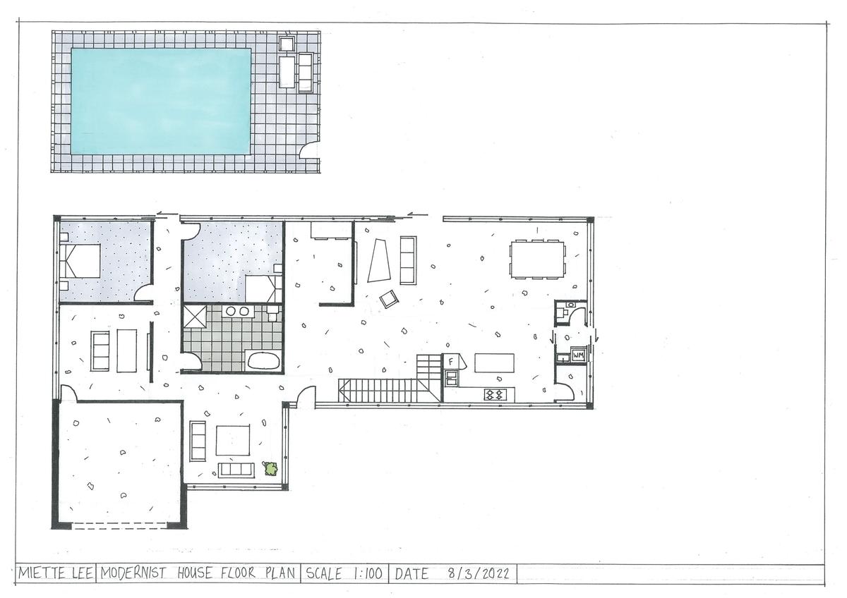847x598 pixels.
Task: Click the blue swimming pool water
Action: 161,102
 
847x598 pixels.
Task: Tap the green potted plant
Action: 271,468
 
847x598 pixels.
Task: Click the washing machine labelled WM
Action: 578,355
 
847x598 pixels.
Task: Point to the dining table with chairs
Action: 537,260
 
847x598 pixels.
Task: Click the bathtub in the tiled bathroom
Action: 263,360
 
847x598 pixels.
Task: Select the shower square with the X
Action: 195,317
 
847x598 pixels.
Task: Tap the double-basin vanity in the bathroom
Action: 237,311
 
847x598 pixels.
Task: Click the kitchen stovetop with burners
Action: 495,394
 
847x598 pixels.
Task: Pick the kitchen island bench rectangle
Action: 494,362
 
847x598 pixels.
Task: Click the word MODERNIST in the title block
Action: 133,573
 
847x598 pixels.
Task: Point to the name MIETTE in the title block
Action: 40,573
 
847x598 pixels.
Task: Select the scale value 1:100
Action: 368,573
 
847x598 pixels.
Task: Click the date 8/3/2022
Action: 479,573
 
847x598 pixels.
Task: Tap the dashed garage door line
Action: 119,523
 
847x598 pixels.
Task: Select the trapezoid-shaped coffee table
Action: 379,260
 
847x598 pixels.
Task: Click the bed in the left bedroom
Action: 80,261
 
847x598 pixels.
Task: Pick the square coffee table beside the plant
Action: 233,440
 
